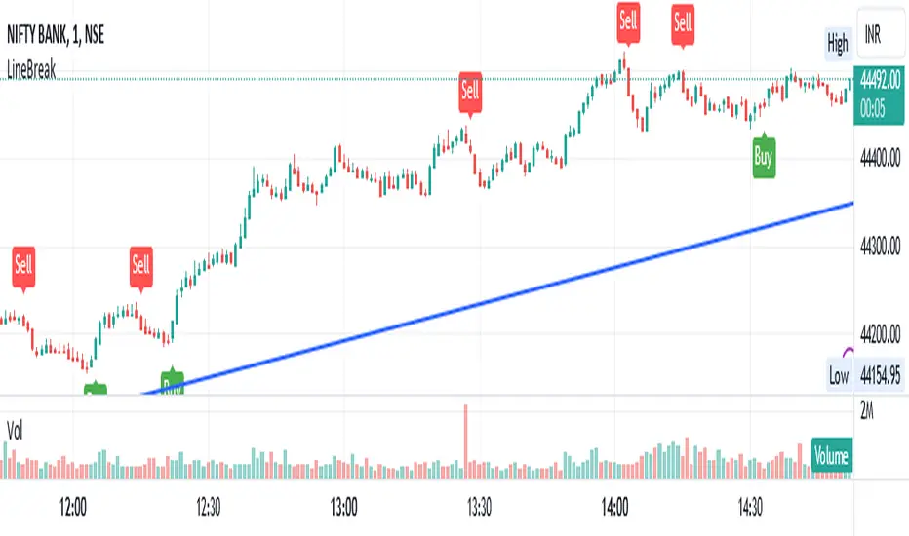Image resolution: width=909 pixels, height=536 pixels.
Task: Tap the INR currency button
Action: point(868,43)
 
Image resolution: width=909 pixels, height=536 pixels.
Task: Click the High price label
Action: point(837,43)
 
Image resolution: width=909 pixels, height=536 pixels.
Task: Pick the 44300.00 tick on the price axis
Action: point(881,248)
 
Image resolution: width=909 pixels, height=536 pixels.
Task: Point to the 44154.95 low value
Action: point(881,375)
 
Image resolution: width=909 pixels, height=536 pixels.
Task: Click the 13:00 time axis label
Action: point(343,508)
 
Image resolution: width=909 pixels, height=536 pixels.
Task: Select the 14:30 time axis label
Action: point(751,508)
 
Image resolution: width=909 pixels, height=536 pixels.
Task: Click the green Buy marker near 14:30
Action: point(763,158)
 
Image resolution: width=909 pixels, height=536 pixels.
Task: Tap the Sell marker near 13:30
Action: point(470,91)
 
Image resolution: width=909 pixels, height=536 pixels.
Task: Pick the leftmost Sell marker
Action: point(23,264)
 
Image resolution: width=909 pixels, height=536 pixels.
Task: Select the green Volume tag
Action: point(831,455)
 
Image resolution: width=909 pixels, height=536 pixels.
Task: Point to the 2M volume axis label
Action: point(867,412)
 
